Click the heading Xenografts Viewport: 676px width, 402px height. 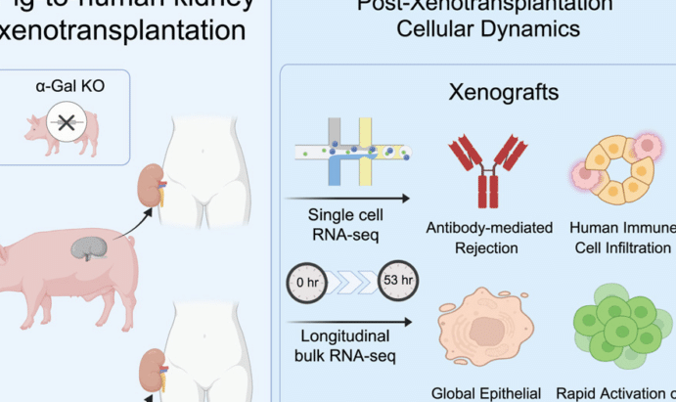pyautogui.click(x=504, y=93)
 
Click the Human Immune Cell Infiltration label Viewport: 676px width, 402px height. pyautogui.click(x=623, y=238)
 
